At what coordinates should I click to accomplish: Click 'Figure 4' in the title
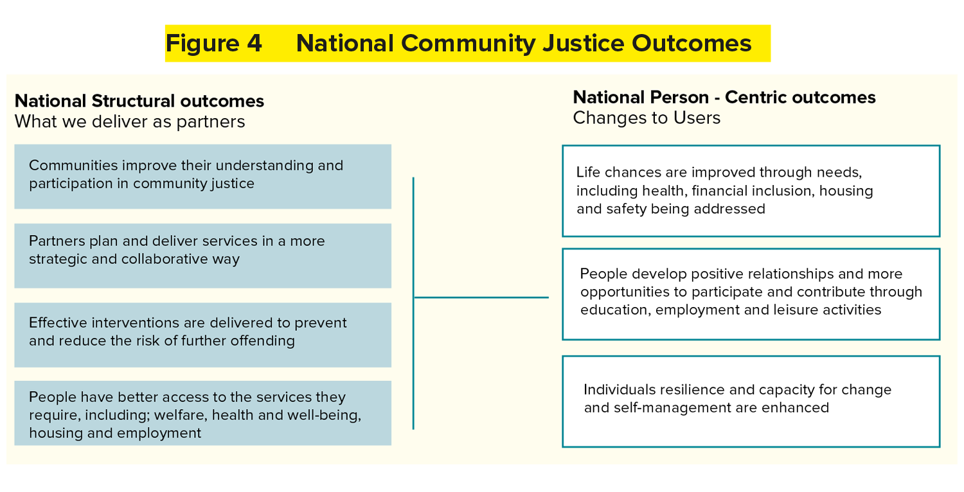coord(214,44)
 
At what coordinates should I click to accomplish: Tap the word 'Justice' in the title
coord(583,44)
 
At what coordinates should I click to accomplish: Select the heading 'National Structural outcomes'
coord(139,101)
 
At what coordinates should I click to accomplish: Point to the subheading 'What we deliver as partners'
coord(130,121)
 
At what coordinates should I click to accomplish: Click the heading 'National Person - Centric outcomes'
coord(724,98)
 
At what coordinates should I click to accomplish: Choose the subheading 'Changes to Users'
coord(647,118)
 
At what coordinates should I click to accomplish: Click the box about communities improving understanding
coord(202,177)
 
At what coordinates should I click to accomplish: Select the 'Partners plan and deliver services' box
coord(202,256)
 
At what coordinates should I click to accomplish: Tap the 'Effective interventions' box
coord(202,335)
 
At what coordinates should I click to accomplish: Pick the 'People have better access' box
coord(202,413)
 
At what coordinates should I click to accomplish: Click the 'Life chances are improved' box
coord(751,191)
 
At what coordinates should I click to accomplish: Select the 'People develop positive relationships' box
coord(751,294)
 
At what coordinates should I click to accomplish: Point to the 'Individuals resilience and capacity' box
coord(751,401)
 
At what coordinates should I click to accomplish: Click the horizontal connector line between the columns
coord(481,297)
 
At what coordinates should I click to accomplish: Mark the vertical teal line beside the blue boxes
coord(413,303)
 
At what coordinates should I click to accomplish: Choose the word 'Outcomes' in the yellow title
coord(692,44)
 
